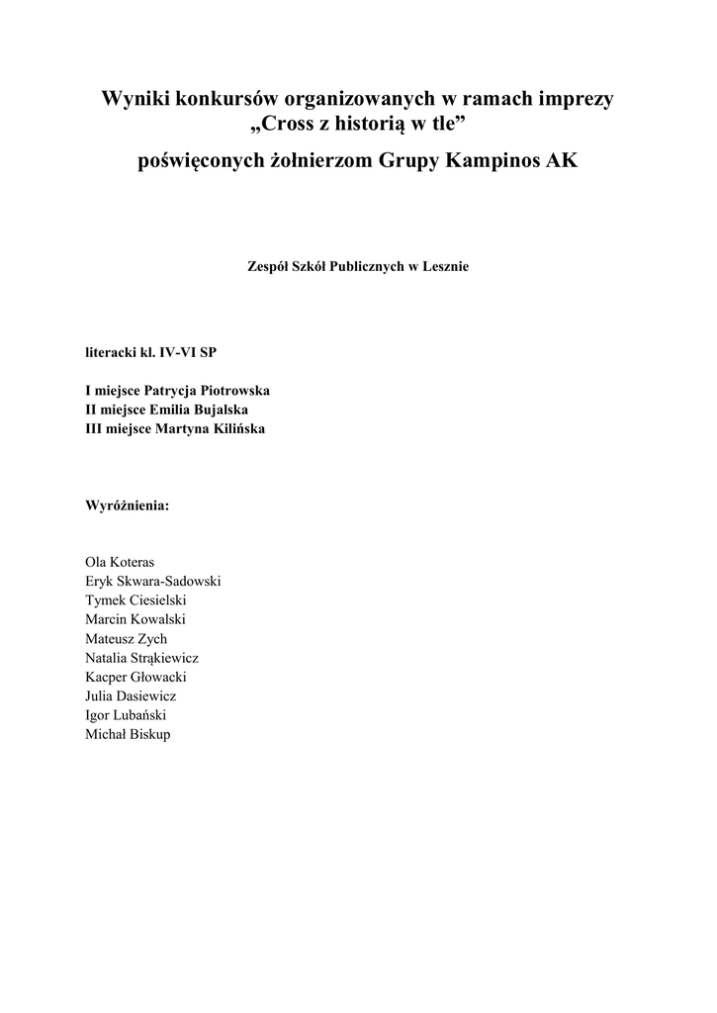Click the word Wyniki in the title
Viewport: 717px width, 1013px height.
pyautogui.click(x=135, y=99)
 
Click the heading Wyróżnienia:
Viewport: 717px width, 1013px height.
pyautogui.click(x=128, y=506)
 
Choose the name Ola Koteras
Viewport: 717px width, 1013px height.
pyautogui.click(x=121, y=562)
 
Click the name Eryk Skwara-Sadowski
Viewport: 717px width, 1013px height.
pyautogui.click(x=153, y=581)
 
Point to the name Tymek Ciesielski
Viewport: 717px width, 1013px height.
pyautogui.click(x=136, y=600)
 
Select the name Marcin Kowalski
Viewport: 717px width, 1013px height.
pyautogui.click(x=135, y=619)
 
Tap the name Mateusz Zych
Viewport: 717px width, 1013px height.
pyautogui.click(x=127, y=639)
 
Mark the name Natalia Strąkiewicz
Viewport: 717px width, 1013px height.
pyautogui.click(x=142, y=658)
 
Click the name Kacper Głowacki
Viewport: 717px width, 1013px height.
pyautogui.click(x=136, y=678)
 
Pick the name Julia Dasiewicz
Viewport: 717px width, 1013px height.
pyautogui.click(x=132, y=696)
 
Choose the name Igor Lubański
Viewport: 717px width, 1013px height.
pyautogui.click(x=126, y=716)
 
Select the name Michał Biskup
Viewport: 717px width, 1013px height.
pyautogui.click(x=129, y=735)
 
